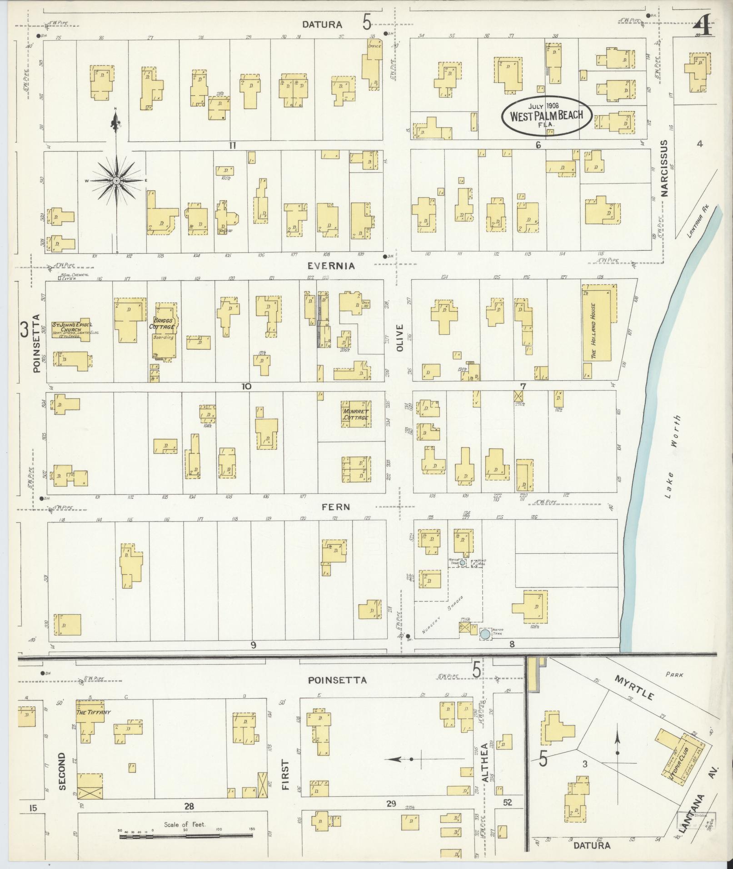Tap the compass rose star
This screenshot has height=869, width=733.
point(116,181)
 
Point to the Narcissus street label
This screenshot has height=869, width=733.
point(665,168)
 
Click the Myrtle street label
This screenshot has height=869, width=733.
point(634,688)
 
